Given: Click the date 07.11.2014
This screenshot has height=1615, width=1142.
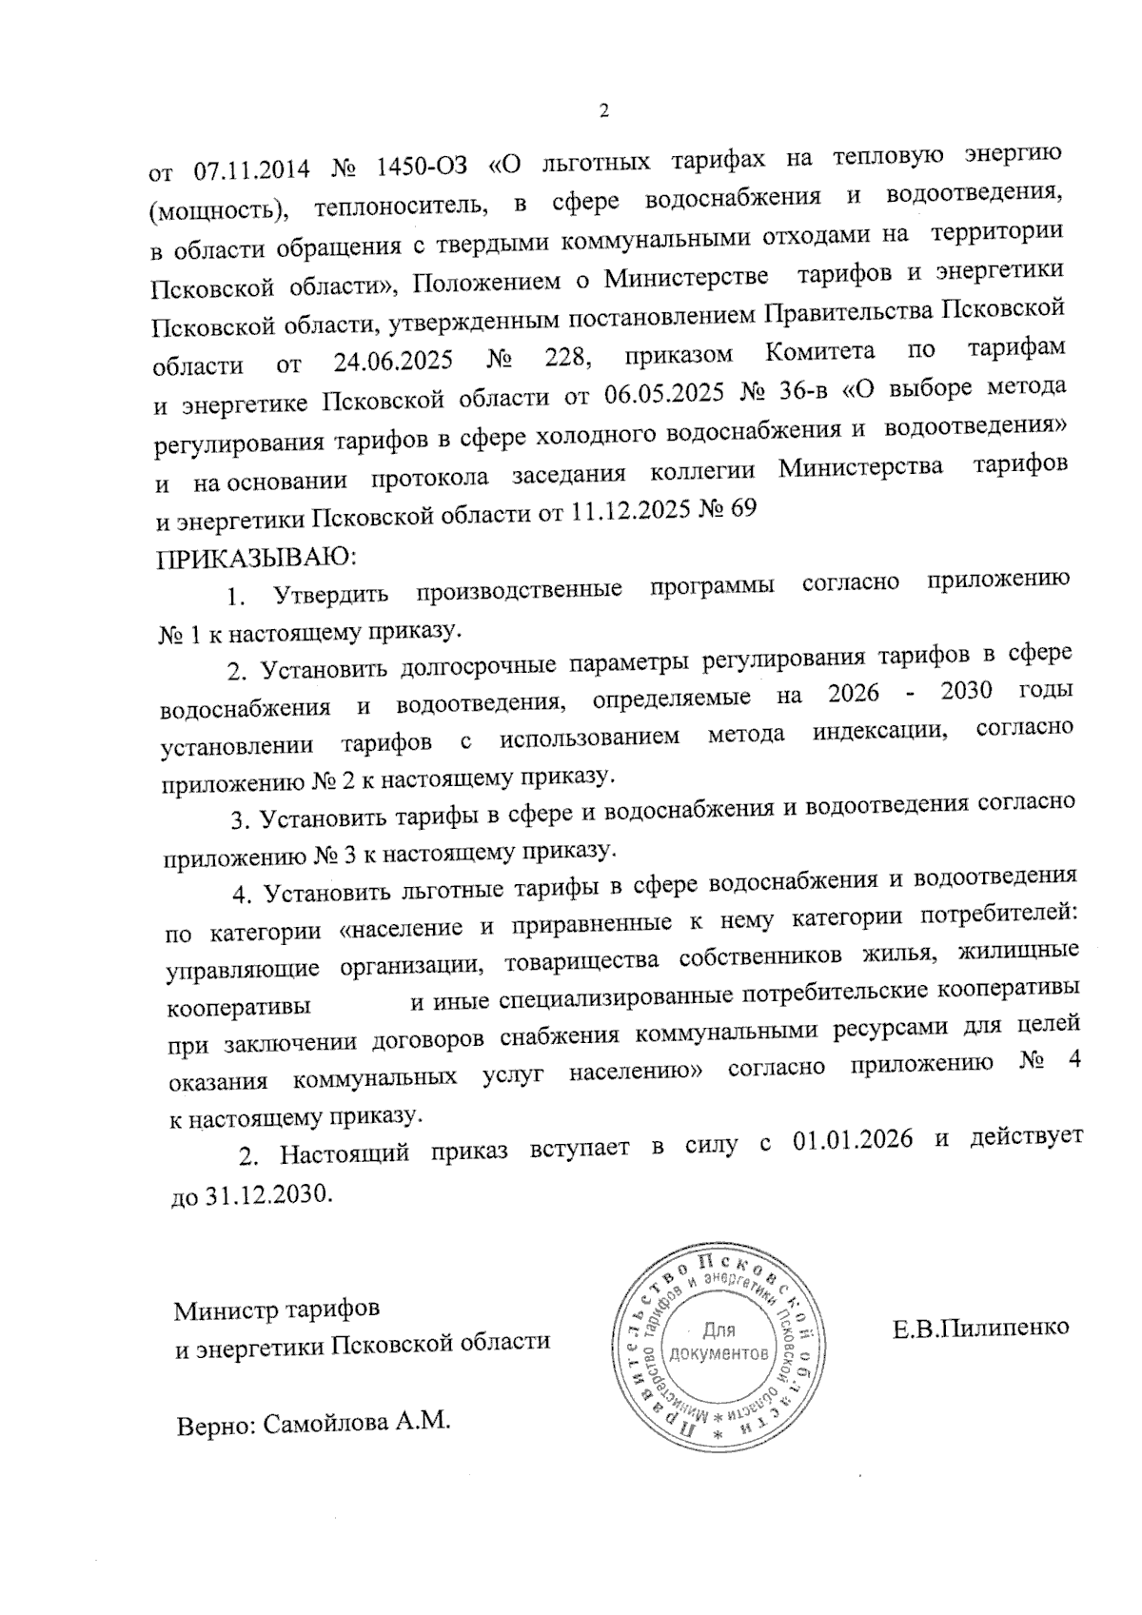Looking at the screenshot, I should tap(252, 168).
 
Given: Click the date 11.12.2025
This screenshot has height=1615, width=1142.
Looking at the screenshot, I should tap(631, 512).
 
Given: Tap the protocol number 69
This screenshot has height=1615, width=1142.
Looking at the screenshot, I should tap(740, 509).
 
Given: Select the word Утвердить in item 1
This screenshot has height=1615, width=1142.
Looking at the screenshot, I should tap(330, 596).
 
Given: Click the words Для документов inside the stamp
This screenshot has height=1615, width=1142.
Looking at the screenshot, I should tap(719, 1341).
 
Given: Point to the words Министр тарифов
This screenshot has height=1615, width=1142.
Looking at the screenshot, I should tap(276, 1310).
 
